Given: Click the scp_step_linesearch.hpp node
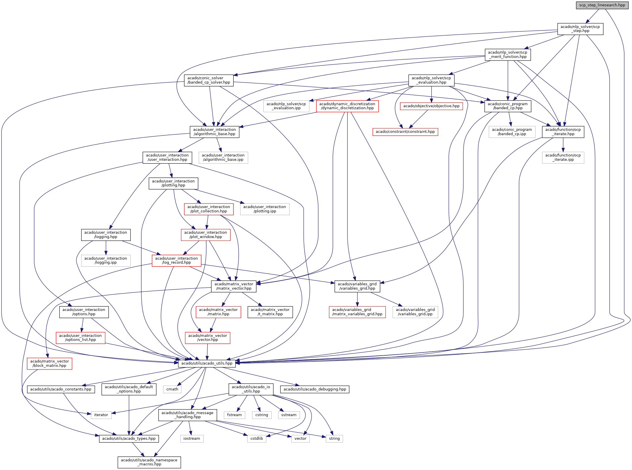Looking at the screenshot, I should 602,5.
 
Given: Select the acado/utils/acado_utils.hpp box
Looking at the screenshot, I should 207,363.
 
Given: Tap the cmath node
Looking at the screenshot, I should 172,389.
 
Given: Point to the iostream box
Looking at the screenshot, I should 191,439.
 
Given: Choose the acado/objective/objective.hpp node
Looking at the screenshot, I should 431,106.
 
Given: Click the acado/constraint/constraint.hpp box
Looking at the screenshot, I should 405,132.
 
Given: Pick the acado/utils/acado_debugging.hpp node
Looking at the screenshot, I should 315,389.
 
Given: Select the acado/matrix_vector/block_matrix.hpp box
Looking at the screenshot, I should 50,363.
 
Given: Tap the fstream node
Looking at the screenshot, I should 234,415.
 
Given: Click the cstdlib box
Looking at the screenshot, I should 257,439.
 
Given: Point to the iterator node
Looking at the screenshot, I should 101,415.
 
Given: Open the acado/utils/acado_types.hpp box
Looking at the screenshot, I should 129,439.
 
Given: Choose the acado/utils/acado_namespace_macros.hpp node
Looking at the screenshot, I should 149,462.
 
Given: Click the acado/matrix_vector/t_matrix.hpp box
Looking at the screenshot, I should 270,312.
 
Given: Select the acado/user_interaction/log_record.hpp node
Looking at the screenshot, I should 176,261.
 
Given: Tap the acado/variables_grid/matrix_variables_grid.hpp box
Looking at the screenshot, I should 357,312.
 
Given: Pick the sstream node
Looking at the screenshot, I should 289,415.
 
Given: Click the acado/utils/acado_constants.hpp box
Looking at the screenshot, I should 61,389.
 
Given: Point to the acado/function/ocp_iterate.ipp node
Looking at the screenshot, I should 563,158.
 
